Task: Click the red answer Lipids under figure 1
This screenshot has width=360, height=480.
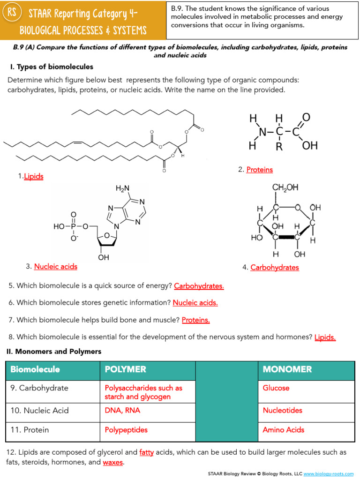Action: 34,177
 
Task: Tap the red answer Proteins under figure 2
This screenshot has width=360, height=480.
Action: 259,170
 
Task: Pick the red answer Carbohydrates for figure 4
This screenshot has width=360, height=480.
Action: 274,267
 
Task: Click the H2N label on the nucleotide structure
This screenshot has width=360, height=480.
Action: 122,188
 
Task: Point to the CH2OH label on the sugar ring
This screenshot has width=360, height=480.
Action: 285,187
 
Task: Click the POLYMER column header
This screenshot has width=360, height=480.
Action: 126,369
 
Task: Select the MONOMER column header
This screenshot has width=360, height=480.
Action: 287,369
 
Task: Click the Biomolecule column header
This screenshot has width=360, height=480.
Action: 35,369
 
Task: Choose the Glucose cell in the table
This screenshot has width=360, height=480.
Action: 276,388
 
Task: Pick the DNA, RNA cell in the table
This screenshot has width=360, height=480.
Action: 122,411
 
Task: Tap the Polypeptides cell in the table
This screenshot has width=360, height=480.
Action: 126,430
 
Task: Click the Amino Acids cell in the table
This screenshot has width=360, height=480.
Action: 284,430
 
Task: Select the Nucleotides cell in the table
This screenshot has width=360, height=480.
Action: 283,411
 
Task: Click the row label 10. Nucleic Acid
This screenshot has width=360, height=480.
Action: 40,411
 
